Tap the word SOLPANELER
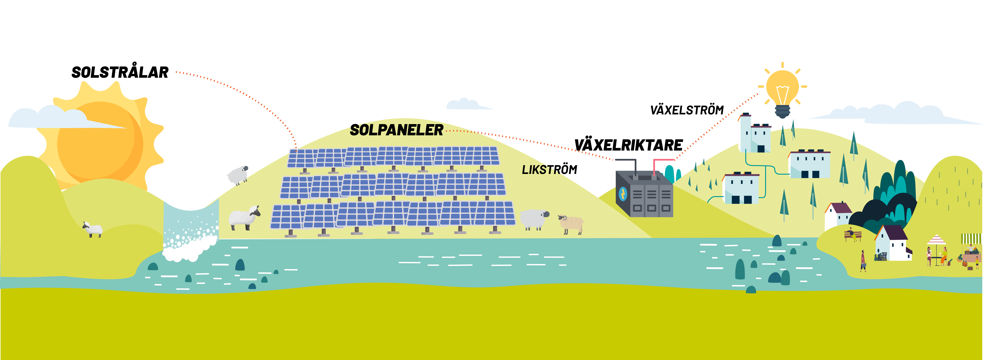[x=397, y=130]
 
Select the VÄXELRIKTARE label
[x=628, y=145]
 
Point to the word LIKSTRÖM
[x=549, y=170]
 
